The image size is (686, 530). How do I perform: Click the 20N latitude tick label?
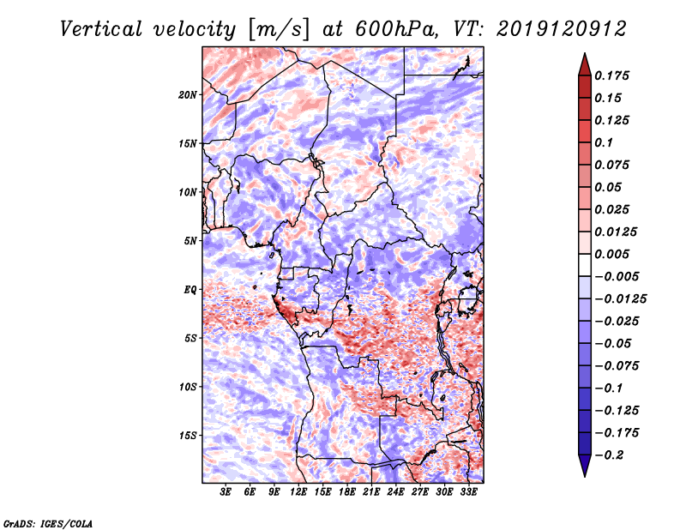click(188, 95)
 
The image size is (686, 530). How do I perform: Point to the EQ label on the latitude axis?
click(190, 290)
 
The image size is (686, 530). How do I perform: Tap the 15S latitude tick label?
click(188, 436)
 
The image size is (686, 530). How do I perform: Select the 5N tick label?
click(190, 241)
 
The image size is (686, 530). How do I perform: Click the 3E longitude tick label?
click(226, 492)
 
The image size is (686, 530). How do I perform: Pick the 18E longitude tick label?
click(347, 492)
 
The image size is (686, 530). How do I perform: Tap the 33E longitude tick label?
click(468, 492)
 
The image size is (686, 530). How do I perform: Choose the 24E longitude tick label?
click(395, 492)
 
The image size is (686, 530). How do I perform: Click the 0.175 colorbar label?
click(611, 75)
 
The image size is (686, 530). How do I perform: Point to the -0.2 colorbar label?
click(609, 455)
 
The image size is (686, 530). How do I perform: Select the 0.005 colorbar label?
click(611, 254)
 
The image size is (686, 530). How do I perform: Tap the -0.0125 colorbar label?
click(620, 299)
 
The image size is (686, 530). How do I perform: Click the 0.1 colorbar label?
click(604, 142)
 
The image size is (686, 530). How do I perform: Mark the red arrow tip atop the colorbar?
click(585, 53)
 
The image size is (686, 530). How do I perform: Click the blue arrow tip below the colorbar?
click(585, 477)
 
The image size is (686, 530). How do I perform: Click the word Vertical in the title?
click(100, 29)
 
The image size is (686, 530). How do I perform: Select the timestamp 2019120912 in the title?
click(562, 29)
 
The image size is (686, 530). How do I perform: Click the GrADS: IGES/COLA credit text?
click(48, 524)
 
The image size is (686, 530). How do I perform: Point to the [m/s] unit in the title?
click(278, 29)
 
